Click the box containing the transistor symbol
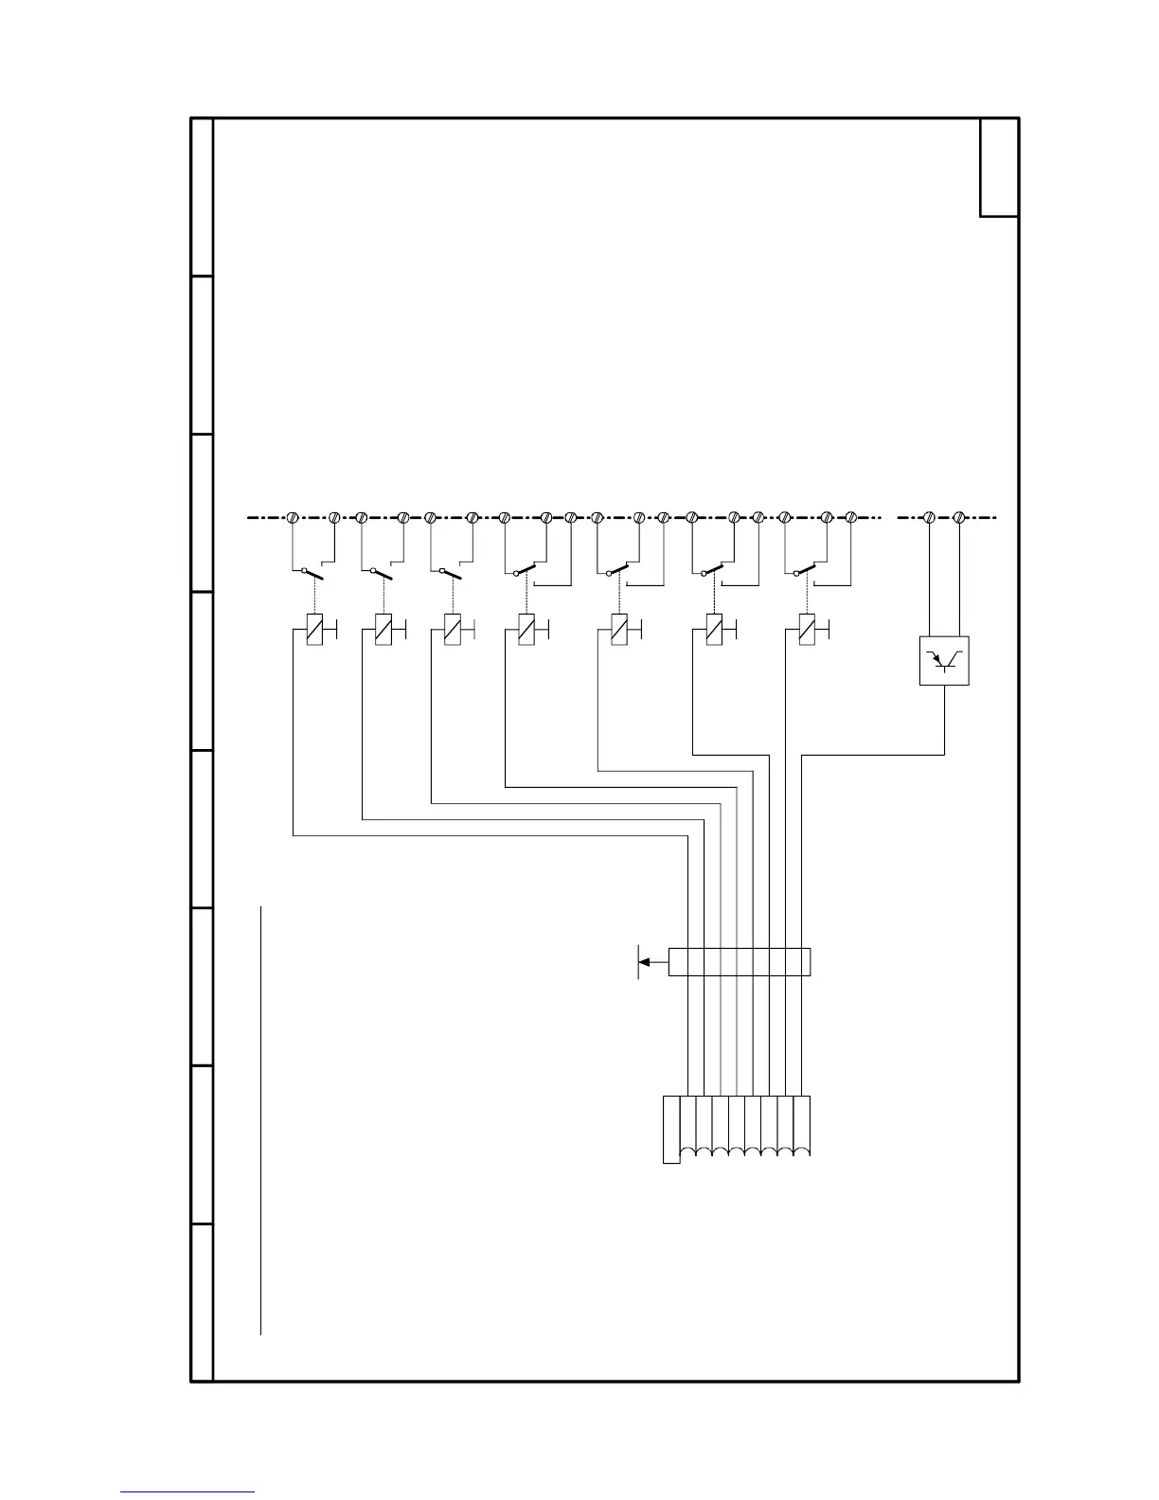[944, 661]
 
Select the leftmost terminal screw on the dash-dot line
[293, 518]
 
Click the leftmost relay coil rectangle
[315, 630]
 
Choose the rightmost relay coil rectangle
[807, 630]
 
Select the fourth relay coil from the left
[526, 630]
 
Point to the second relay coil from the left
[383, 630]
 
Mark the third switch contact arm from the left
[452, 574]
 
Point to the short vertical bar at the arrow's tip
[638, 962]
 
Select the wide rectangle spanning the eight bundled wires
[739, 962]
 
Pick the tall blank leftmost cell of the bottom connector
[671, 1129]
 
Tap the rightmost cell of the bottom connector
[802, 1125]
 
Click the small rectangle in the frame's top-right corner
[999, 168]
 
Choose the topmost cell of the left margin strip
[202, 197]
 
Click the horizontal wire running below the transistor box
[873, 755]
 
